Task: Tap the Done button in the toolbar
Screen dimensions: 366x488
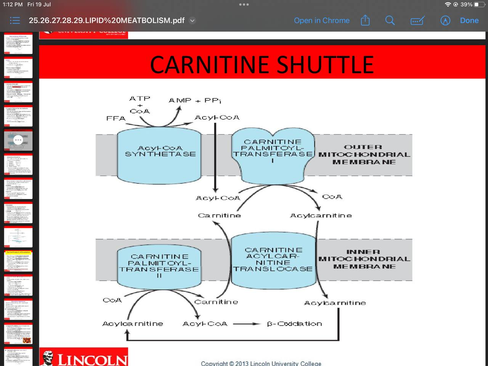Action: pyautogui.click(x=469, y=21)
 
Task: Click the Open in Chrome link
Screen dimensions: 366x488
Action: pyautogui.click(x=321, y=21)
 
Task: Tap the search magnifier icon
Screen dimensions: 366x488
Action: pyautogui.click(x=390, y=21)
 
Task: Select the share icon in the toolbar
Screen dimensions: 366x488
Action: pyautogui.click(x=365, y=21)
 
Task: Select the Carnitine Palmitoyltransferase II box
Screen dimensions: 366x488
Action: pyautogui.click(x=159, y=266)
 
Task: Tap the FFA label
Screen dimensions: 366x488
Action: pyautogui.click(x=116, y=119)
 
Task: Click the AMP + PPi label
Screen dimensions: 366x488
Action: pyautogui.click(x=195, y=101)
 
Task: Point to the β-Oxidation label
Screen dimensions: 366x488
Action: pyautogui.click(x=294, y=324)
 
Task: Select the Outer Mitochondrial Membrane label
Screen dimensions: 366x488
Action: pyautogui.click(x=364, y=154)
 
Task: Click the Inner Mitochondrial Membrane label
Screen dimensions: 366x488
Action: pyautogui.click(x=364, y=259)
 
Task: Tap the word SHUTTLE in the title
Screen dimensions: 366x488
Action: pyautogui.click(x=325, y=65)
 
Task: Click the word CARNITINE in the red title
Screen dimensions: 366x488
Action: pyautogui.click(x=210, y=65)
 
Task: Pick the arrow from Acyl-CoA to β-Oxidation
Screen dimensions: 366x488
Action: pyautogui.click(x=247, y=324)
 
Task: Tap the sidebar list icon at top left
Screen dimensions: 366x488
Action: pyautogui.click(x=14, y=21)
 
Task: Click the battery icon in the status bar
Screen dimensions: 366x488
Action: pyautogui.click(x=478, y=5)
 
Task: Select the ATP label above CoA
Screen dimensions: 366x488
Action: pyautogui.click(x=140, y=99)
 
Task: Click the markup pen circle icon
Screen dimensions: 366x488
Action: pyautogui.click(x=445, y=21)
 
